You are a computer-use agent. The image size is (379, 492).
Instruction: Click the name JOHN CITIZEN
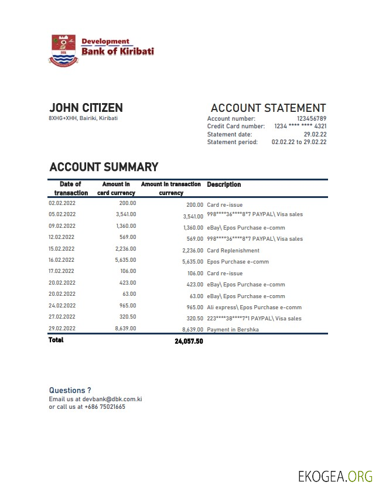86,108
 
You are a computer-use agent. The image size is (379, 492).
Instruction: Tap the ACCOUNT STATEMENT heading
268,108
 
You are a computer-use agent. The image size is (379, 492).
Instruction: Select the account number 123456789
312,119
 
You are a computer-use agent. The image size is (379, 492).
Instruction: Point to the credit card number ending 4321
301,127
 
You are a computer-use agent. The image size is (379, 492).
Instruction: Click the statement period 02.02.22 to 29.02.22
299,142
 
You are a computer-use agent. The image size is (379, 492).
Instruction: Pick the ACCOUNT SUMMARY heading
104,167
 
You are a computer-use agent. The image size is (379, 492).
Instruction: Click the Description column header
224,184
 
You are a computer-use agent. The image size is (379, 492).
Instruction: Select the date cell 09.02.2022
62,226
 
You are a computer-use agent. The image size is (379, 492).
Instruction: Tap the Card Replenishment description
233,251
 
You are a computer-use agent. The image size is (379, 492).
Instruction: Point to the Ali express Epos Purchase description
254,307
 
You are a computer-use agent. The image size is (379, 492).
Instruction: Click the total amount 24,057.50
189,341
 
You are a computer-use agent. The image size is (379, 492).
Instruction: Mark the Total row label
56,340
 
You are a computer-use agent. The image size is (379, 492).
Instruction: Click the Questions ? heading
70,390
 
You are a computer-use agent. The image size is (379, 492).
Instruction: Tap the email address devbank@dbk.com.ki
112,399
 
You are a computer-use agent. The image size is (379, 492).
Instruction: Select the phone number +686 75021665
105,406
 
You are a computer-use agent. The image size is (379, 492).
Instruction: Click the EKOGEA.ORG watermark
335,476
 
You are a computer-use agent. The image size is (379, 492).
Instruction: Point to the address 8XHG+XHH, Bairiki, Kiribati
83,118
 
